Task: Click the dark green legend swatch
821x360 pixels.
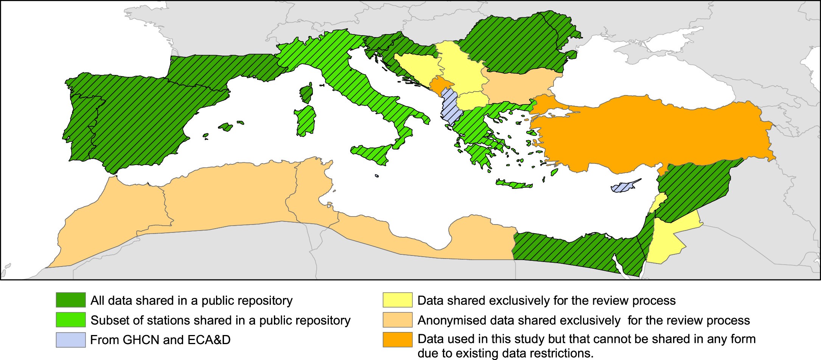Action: (71, 300)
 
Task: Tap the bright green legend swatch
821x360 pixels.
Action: (71, 319)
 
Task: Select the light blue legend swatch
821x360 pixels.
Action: (71, 340)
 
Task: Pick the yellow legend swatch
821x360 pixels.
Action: (397, 300)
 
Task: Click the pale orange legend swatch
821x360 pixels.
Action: (397, 319)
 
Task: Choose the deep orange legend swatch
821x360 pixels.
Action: (397, 340)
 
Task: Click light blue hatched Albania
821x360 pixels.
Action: (449, 108)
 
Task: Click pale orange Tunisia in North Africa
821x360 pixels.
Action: (308, 189)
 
